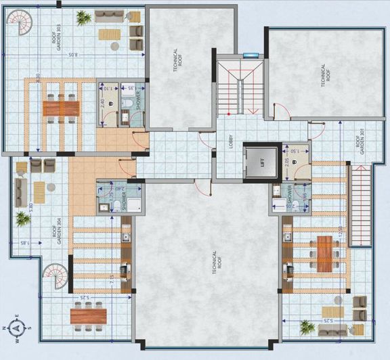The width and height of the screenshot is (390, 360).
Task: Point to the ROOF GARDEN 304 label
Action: [56, 234]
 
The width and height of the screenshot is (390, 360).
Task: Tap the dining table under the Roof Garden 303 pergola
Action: [61, 108]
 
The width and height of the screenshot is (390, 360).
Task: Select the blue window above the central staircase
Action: [251, 55]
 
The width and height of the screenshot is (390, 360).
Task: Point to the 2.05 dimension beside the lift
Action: [287, 161]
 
